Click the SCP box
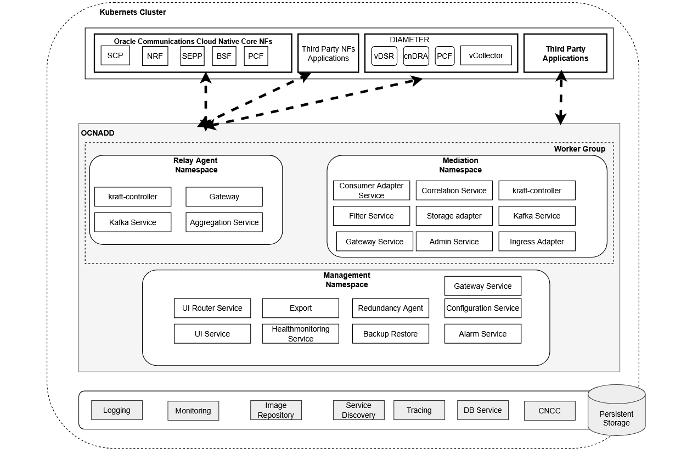(x=115, y=55)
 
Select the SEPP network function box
(x=192, y=56)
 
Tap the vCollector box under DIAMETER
(x=486, y=55)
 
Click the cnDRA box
(x=416, y=56)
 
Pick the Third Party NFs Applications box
(x=328, y=53)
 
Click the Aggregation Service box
(x=224, y=222)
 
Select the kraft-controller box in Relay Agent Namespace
(x=133, y=197)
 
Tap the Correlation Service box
(x=454, y=191)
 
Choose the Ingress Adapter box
(x=537, y=242)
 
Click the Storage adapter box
(x=454, y=216)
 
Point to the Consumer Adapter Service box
(x=371, y=191)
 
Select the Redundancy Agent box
(x=390, y=308)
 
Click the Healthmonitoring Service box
(x=300, y=334)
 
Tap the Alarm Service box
(x=482, y=334)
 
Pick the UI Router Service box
(x=212, y=308)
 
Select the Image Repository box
(x=275, y=410)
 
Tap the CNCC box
(x=549, y=411)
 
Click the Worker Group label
(x=579, y=149)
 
